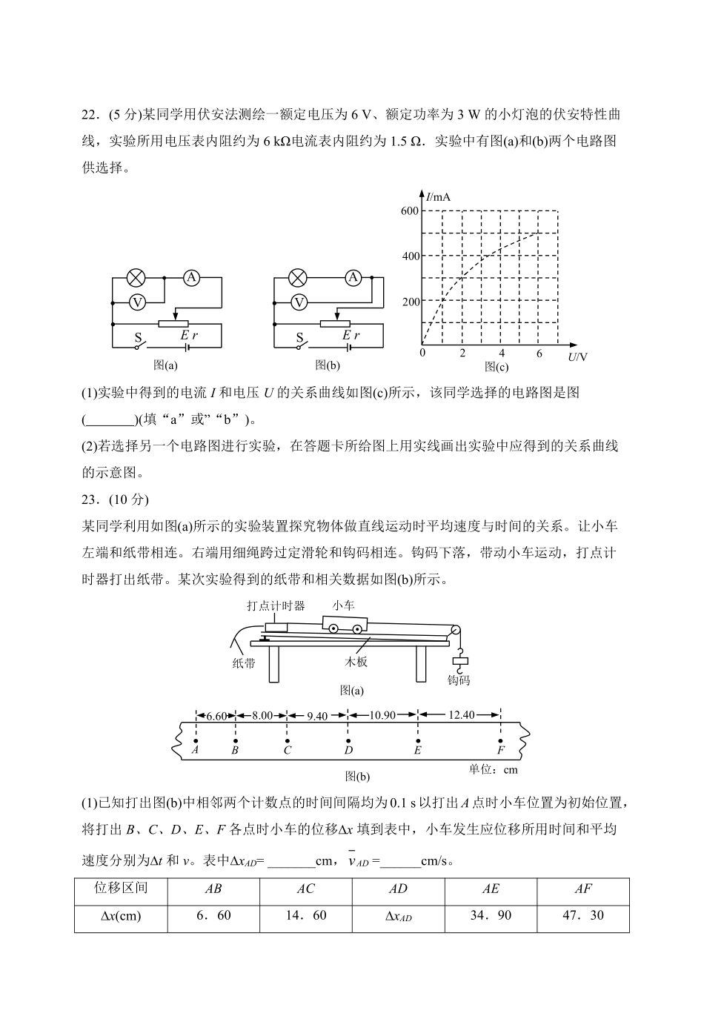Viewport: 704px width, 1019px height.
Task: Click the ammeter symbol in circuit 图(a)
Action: tap(192, 278)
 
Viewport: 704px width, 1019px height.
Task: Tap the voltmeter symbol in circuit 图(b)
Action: tap(299, 302)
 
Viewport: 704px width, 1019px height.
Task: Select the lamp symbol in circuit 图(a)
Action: tap(136, 278)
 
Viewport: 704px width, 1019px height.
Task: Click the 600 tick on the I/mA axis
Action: tap(411, 211)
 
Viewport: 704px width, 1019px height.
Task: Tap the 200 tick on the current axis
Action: tap(411, 302)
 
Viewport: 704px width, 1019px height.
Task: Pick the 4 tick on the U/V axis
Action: tap(502, 354)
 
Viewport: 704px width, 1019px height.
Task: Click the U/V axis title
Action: tap(578, 357)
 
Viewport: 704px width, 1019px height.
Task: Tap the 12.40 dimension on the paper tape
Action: tap(461, 715)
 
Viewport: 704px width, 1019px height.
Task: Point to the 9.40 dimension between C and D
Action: tap(317, 716)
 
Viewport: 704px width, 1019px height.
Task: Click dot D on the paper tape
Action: tap(348, 740)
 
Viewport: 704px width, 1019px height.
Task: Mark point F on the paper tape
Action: tap(501, 740)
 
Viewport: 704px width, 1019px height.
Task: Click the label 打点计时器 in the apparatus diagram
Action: tap(276, 605)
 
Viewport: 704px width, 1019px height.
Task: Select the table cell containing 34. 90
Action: tap(491, 916)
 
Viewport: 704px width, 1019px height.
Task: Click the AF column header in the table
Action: tap(583, 889)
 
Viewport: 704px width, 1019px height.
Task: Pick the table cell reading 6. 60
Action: tap(213, 916)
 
